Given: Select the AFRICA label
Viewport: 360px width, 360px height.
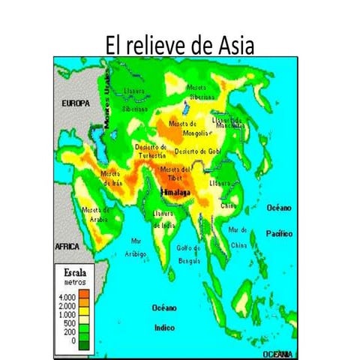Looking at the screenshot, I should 68,246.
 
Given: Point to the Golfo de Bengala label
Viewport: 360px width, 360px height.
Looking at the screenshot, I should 188,253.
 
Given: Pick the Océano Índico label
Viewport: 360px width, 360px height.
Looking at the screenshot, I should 163,317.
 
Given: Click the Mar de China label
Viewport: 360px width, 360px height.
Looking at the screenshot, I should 238,237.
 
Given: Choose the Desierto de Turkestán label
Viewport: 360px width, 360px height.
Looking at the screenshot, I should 150,151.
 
